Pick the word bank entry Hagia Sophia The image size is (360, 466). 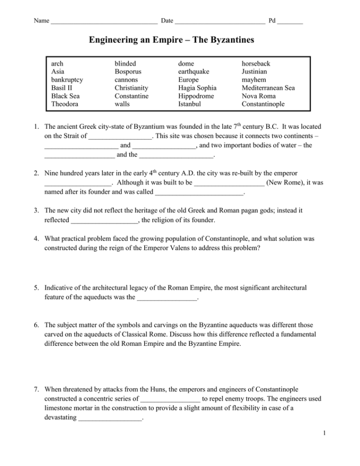(197, 88)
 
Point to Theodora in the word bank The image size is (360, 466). (65, 104)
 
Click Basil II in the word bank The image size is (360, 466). (62, 88)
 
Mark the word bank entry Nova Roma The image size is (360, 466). (260, 96)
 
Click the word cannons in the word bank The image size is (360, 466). (126, 80)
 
